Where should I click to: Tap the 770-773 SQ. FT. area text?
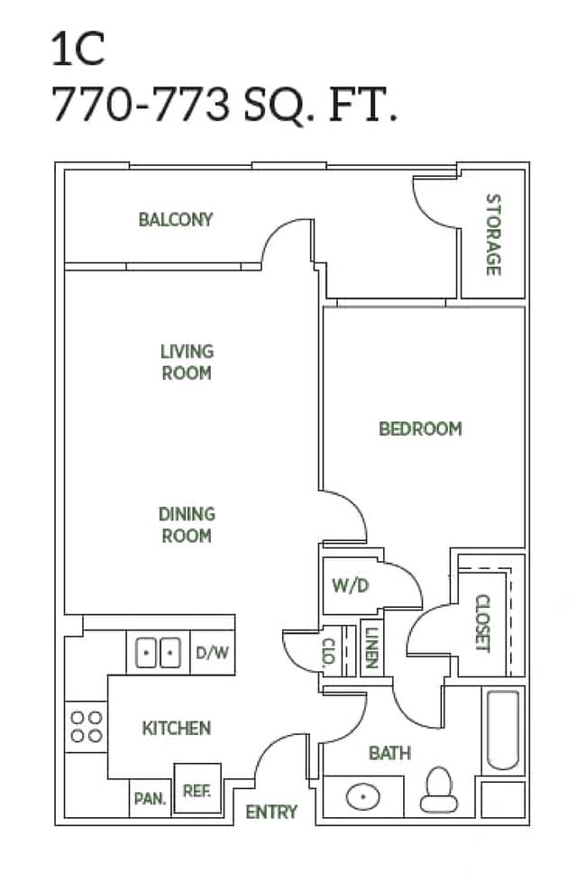click(224, 106)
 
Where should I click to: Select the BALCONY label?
click(176, 219)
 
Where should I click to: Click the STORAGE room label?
click(492, 234)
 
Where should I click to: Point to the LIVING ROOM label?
click(187, 362)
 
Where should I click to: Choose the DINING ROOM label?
click(187, 525)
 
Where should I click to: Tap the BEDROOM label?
click(420, 428)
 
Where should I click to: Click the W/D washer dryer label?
click(351, 585)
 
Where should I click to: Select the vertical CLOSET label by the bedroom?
click(482, 623)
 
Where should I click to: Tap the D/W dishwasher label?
click(213, 652)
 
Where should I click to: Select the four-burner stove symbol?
click(86, 726)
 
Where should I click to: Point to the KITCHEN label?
click(177, 728)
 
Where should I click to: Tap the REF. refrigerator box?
click(197, 789)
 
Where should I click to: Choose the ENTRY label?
click(271, 812)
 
